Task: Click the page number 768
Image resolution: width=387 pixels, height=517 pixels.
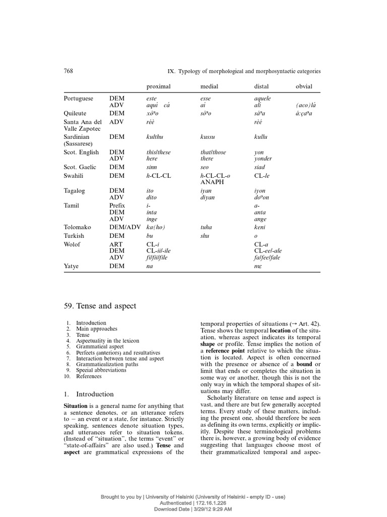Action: [x=69, y=71]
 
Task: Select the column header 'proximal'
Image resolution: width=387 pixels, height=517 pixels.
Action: [x=156, y=86]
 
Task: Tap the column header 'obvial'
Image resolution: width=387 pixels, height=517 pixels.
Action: [x=304, y=86]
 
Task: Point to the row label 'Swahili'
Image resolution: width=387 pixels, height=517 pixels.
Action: [x=74, y=176]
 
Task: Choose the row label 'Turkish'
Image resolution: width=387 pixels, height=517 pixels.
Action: [x=74, y=236]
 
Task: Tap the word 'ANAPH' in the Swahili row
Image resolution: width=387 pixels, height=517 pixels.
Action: [x=212, y=182]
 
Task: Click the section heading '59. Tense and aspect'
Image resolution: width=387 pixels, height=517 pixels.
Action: [x=100, y=306]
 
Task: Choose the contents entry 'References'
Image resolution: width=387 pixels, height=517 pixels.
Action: [x=89, y=377]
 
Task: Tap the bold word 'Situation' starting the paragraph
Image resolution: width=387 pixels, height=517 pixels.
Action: [x=76, y=406]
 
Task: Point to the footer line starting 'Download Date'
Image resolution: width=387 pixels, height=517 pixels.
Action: [x=193, y=509]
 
